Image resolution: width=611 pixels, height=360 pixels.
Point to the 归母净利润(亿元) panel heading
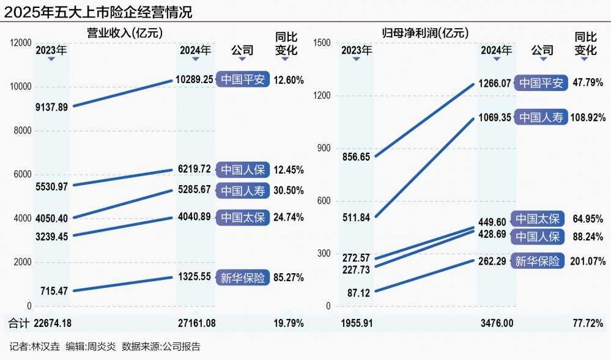421,32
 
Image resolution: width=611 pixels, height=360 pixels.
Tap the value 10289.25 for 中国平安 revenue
194,79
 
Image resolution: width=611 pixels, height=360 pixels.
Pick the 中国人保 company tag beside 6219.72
243,169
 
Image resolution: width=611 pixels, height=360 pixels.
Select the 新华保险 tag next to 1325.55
243,277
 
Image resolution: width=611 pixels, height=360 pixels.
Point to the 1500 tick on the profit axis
322,42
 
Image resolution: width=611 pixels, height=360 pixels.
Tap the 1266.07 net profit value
495,83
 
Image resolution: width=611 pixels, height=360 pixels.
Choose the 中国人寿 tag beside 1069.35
542,117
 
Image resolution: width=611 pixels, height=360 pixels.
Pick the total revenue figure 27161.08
194,323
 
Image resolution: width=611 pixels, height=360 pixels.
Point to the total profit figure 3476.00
495,323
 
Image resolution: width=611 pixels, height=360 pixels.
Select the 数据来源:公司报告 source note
161,347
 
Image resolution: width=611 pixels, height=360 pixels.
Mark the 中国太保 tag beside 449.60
538,219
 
